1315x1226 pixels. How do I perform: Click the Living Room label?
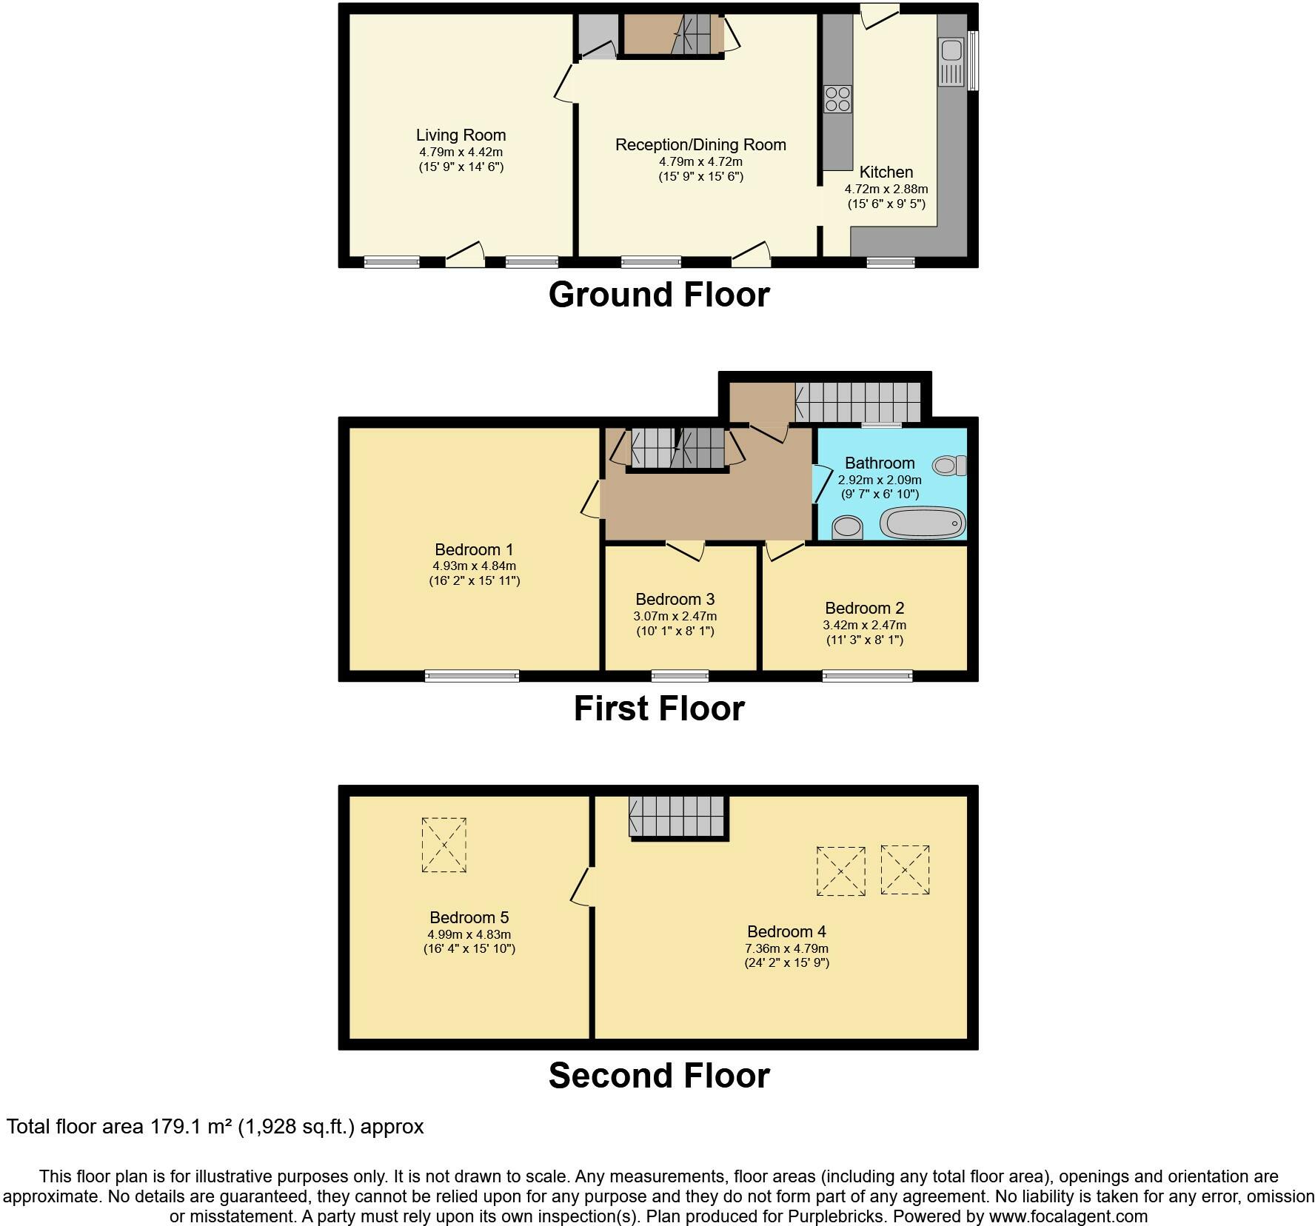tap(461, 135)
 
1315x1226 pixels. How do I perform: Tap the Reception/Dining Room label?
tap(700, 145)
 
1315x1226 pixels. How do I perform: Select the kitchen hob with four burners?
tap(838, 99)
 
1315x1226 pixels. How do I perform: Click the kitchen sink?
tap(951, 62)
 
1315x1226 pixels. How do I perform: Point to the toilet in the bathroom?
tap(950, 466)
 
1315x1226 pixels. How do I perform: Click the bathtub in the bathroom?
tap(923, 523)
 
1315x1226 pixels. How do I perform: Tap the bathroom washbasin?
tap(848, 528)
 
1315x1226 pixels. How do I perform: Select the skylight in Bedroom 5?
tap(444, 845)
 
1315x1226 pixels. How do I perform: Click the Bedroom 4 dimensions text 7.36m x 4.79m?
tap(786, 948)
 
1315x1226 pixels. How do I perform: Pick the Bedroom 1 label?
tap(474, 550)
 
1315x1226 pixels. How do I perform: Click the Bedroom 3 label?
tap(675, 600)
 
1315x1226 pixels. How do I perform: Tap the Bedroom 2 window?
tap(867, 675)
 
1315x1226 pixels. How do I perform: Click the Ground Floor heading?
tap(659, 295)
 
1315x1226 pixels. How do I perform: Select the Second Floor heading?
tap(659, 1075)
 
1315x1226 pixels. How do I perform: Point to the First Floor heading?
tap(659, 709)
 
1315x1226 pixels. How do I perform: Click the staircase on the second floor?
tap(676, 817)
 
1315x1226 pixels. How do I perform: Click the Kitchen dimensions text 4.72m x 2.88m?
tap(886, 189)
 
